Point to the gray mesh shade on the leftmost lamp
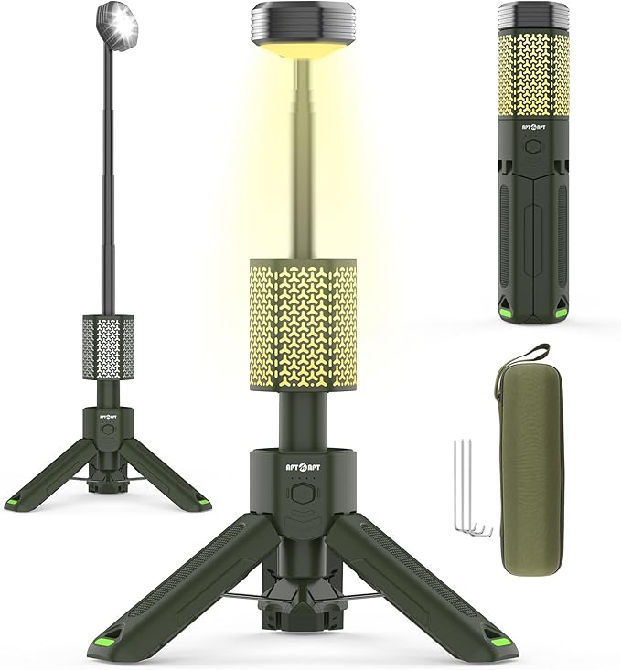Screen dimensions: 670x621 tap(110, 346)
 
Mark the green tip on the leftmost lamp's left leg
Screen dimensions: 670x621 tap(14, 502)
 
